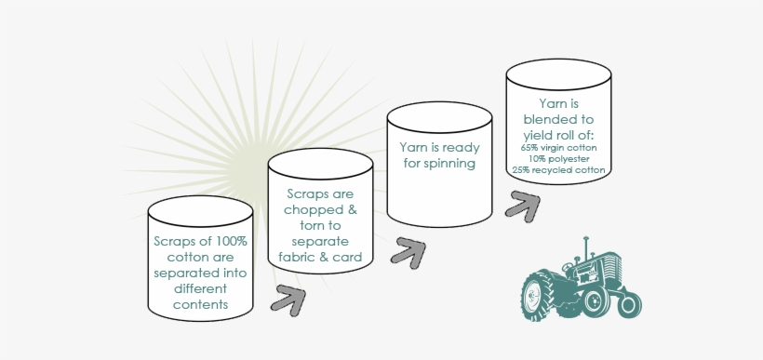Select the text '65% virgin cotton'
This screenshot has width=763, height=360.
(558, 147)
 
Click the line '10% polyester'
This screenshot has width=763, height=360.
(558, 158)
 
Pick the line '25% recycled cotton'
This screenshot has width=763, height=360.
(558, 170)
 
